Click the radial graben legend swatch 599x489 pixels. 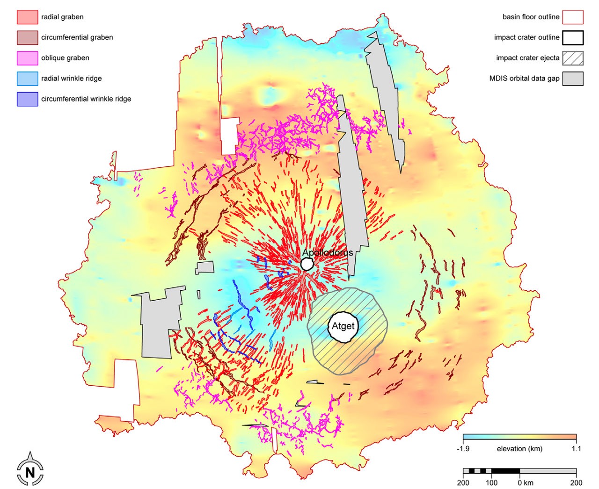click(27, 17)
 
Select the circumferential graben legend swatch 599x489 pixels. click(27, 38)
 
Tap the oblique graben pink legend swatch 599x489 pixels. click(27, 58)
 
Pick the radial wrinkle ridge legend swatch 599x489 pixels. click(27, 79)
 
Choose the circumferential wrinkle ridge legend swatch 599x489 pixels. click(27, 99)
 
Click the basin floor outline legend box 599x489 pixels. click(573, 17)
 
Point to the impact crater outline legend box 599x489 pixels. click(573, 38)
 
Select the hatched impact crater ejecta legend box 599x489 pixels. click(573, 58)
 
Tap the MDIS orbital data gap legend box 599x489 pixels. click(573, 79)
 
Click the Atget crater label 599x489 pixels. click(343, 326)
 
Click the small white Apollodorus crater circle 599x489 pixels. click(307, 265)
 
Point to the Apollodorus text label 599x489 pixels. click(328, 253)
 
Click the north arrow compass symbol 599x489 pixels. click(30, 470)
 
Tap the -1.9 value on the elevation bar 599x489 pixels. click(463, 449)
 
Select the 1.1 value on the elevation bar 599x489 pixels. click(576, 449)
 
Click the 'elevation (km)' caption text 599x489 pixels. click(519, 449)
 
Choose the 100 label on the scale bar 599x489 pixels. click(491, 483)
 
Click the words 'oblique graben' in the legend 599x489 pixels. click(65, 58)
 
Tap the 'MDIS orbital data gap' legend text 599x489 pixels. click(524, 79)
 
